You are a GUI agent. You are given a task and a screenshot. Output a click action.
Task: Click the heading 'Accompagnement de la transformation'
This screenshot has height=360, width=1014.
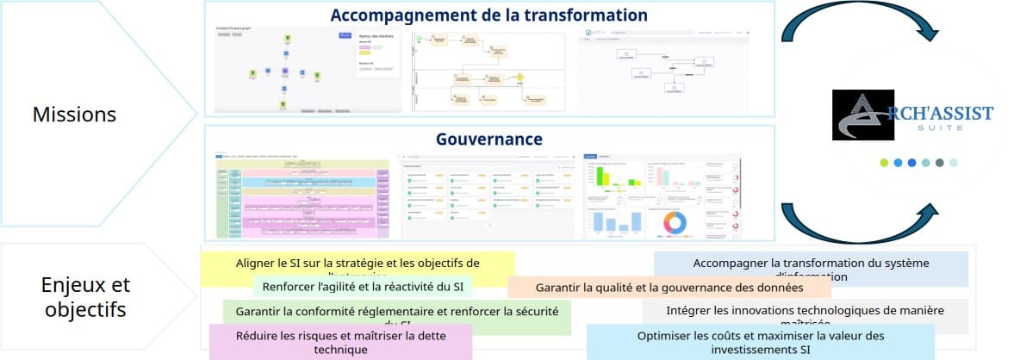click(488, 16)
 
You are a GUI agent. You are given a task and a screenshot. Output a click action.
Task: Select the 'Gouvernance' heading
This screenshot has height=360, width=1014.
click(488, 139)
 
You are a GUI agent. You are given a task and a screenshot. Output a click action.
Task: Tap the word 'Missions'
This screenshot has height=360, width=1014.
click(74, 114)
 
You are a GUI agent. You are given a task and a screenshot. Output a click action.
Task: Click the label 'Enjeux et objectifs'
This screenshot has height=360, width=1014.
click(85, 297)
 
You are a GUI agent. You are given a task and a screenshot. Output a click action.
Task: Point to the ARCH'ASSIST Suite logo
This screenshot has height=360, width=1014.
click(912, 115)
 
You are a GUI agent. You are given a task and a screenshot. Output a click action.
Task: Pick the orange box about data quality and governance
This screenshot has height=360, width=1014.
click(669, 287)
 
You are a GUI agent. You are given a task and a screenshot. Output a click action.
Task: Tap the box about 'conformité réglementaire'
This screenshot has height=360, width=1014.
click(396, 311)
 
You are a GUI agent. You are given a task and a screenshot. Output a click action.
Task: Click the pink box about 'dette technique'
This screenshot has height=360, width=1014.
click(340, 342)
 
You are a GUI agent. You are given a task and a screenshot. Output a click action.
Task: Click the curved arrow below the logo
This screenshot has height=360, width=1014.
click(862, 224)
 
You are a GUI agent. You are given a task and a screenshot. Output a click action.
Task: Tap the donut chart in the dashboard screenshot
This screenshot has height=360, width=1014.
click(674, 223)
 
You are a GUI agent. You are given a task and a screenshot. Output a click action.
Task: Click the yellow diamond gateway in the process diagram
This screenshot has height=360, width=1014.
click(519, 78)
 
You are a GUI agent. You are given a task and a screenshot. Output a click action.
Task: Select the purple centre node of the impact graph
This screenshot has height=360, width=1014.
click(283, 71)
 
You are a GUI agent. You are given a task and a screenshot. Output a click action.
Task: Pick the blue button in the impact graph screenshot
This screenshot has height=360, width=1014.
click(345, 35)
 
